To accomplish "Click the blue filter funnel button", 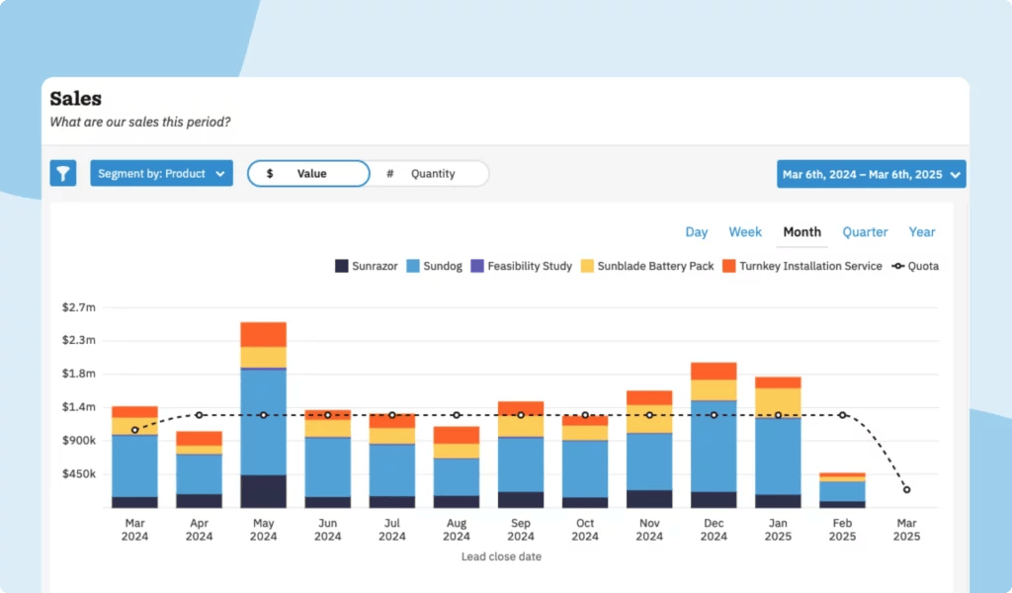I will (x=63, y=174).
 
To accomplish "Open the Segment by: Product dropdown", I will (x=161, y=174).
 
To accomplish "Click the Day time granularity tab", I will (x=697, y=232).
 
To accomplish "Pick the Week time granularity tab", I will (x=745, y=232).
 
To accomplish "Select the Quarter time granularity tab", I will (x=865, y=232).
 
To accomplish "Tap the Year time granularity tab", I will (x=922, y=232).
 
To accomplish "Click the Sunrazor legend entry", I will (x=367, y=266).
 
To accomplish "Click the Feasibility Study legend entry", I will (x=522, y=266).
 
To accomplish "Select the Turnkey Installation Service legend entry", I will (x=801, y=266).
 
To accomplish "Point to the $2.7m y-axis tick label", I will (x=79, y=307).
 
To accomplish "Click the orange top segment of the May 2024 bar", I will (x=263, y=334).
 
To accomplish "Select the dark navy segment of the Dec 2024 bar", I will (x=714, y=499).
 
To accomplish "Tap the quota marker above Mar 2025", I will (x=906, y=490).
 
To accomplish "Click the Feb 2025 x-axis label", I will (x=842, y=530).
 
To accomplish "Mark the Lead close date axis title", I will (x=501, y=556).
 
